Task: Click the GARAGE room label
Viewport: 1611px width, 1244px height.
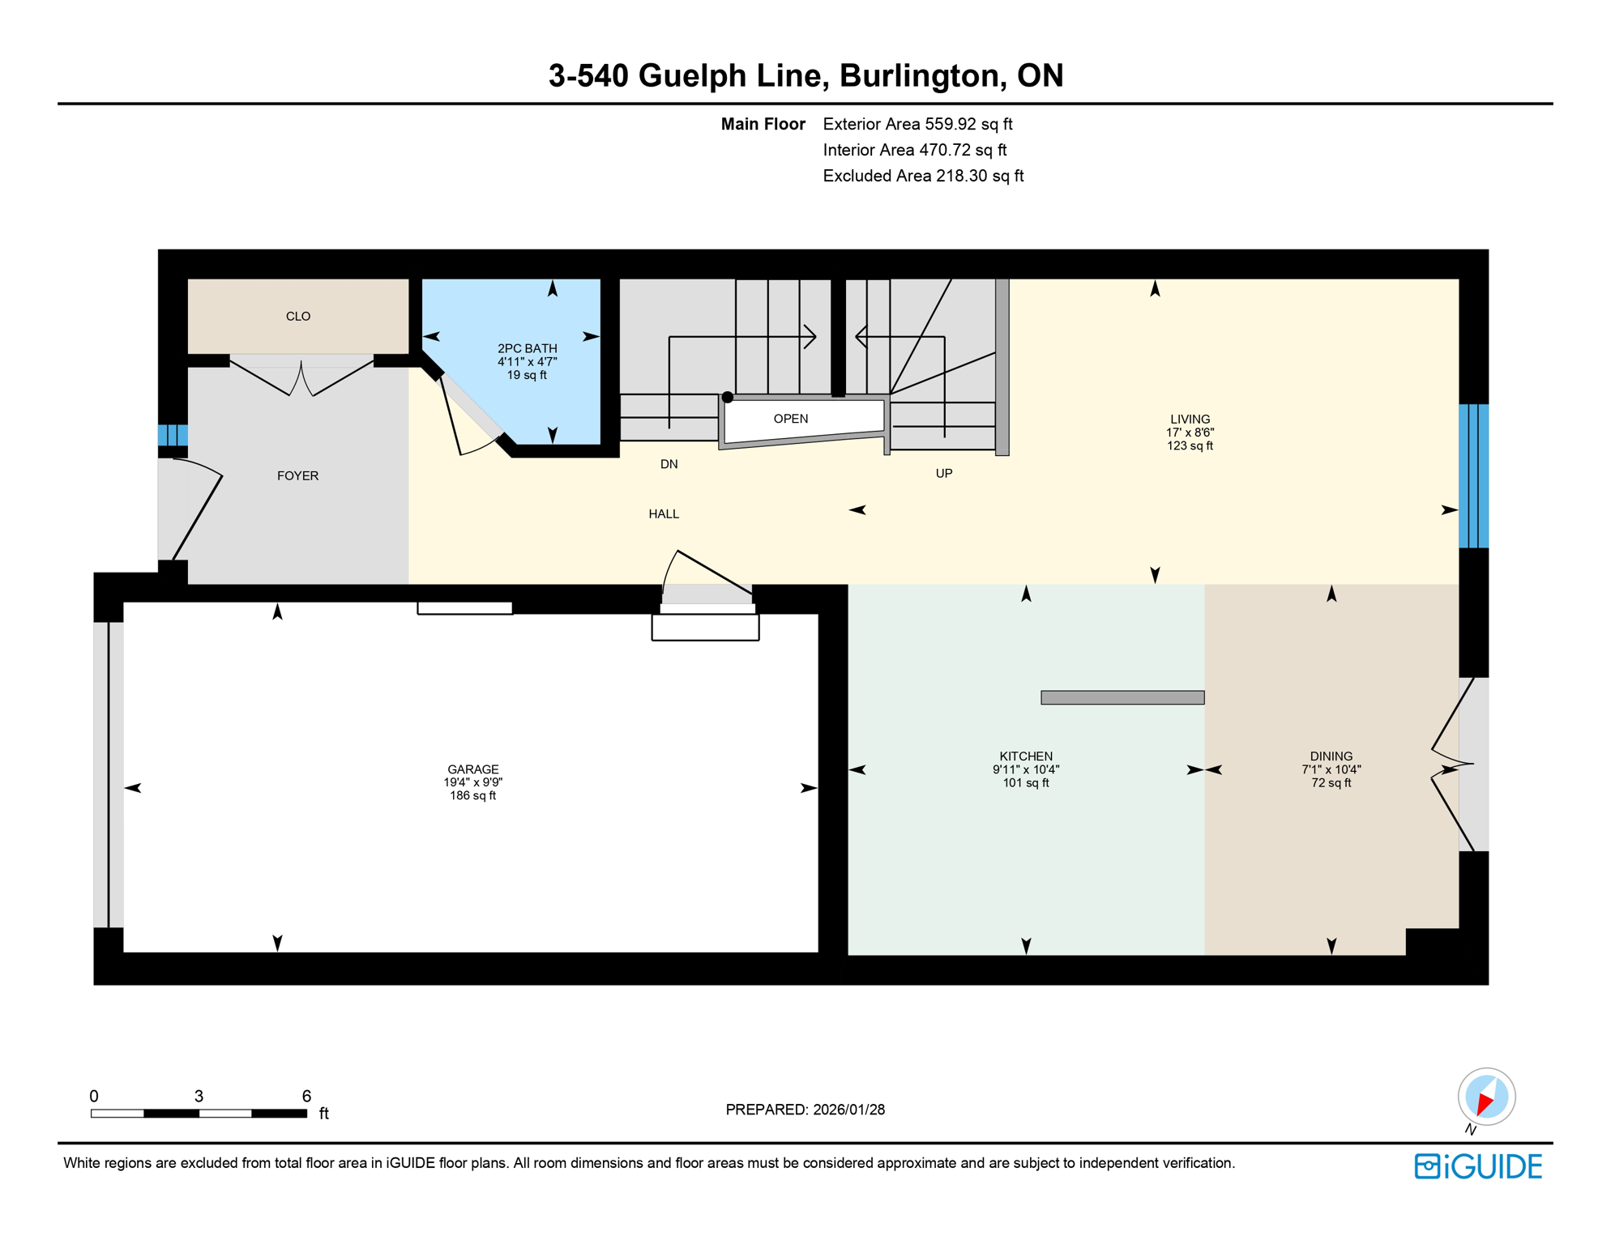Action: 472,769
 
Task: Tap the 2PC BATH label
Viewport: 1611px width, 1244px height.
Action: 527,348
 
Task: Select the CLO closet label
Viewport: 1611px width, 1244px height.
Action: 298,317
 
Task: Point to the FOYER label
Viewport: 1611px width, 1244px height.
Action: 297,476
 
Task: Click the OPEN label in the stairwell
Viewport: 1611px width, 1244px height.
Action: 790,419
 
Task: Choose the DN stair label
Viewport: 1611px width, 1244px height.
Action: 669,464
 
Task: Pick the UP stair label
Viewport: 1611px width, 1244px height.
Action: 943,473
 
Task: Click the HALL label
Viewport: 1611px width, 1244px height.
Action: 663,514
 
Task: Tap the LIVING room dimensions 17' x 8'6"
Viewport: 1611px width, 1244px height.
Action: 1189,432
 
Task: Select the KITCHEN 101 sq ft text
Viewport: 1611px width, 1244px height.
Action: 1025,783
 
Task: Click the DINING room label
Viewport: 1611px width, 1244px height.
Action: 1331,756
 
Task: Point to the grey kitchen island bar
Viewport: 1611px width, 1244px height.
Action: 1122,697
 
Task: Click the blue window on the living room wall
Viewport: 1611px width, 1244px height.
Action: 1473,476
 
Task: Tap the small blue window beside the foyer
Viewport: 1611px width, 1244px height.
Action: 173,435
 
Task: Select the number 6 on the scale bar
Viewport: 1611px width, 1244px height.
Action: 306,1096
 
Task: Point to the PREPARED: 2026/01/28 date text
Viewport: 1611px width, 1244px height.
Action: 805,1110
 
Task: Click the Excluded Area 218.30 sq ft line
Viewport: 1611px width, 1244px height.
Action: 922,176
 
